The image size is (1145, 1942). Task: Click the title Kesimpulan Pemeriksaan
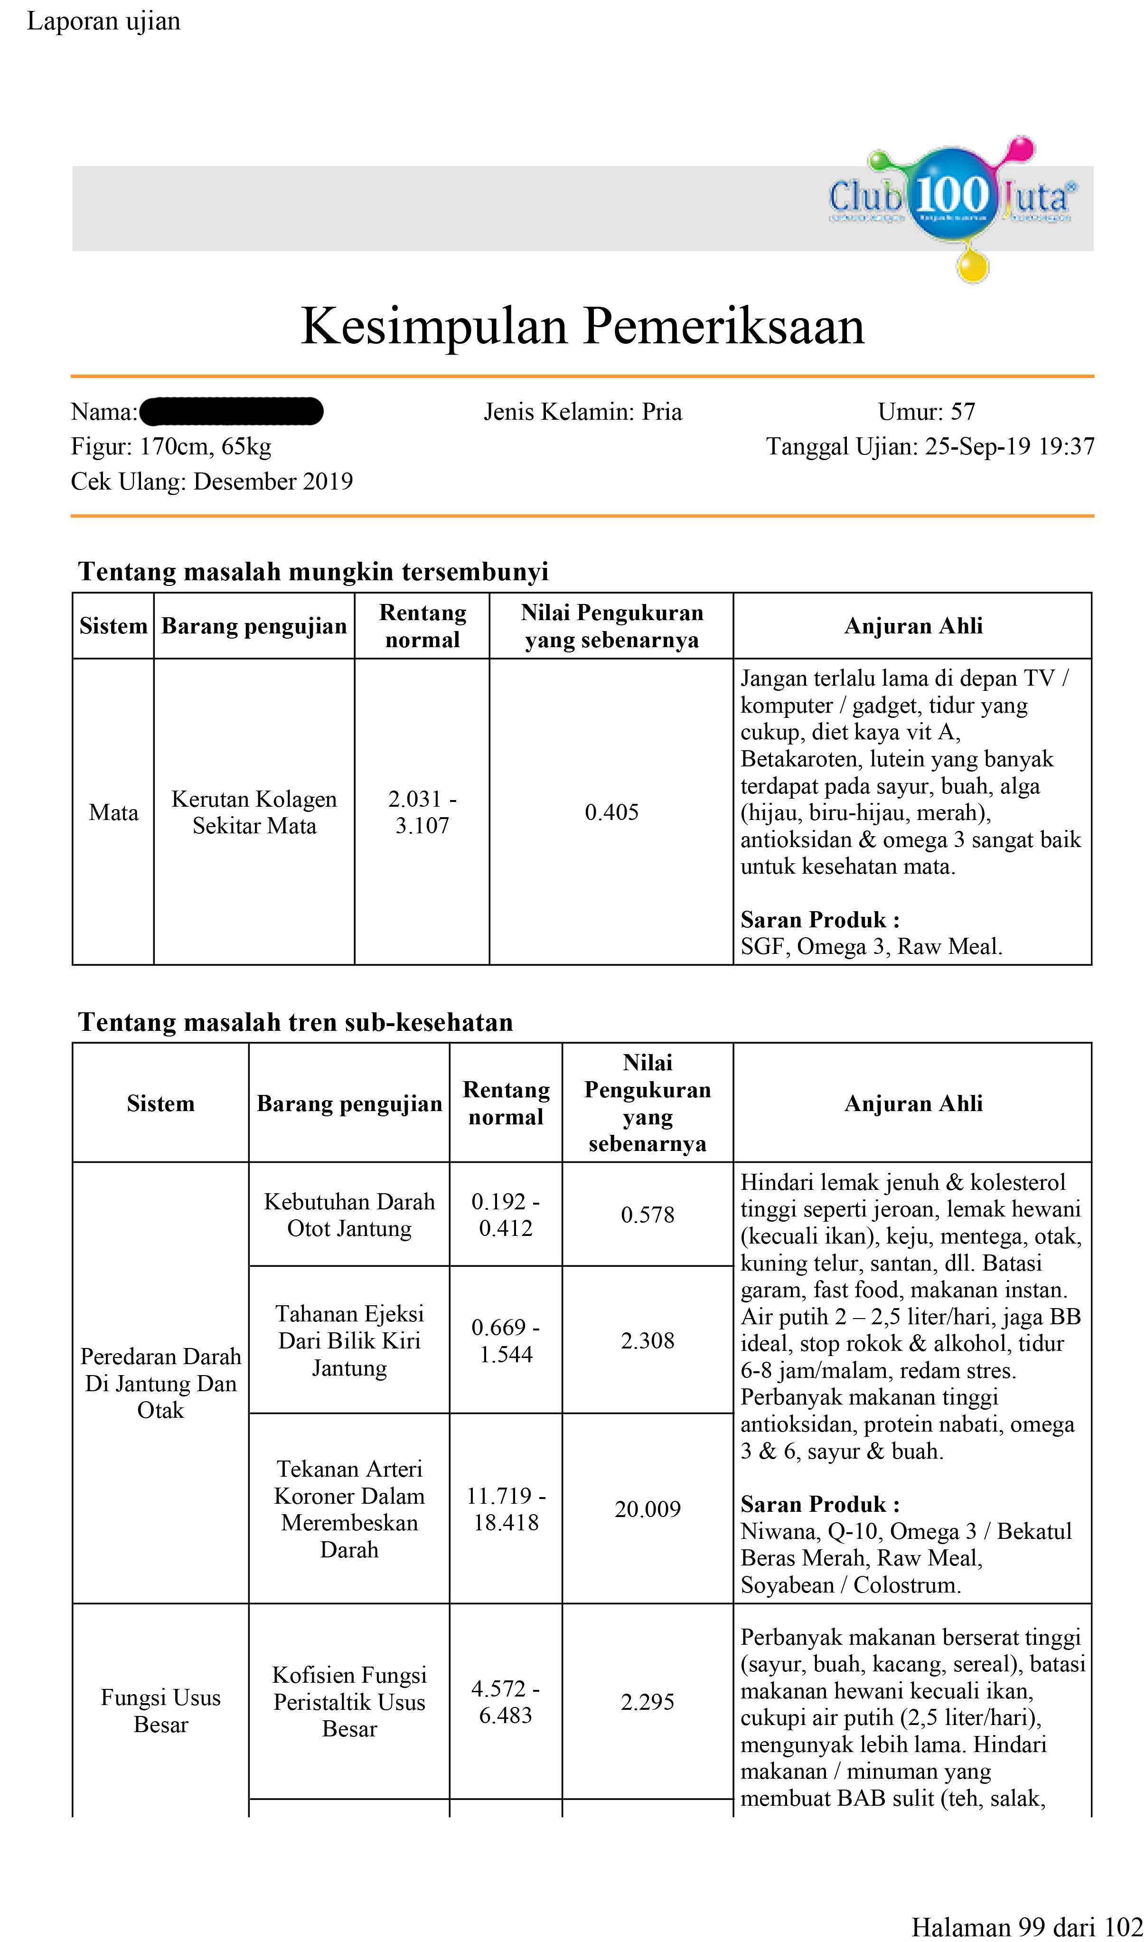[x=582, y=326]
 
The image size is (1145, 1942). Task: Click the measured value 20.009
[x=648, y=1508]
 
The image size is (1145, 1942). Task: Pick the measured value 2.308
[x=648, y=1340]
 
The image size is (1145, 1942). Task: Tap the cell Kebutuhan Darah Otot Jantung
[x=349, y=1215]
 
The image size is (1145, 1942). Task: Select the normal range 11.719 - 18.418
[x=506, y=1508]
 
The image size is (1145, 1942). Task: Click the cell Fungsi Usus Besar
[x=160, y=1711]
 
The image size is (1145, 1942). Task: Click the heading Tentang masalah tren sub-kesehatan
[x=296, y=1022]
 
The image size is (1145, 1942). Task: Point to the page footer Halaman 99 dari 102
[x=1026, y=1927]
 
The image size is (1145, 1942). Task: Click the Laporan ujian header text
[x=103, y=21]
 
